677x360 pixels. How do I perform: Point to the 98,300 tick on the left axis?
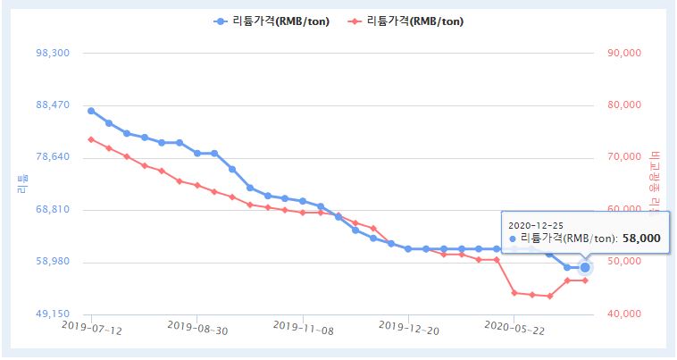coord(52,54)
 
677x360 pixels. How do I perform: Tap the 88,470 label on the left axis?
coord(52,105)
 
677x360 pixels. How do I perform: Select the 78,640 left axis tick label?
coord(52,158)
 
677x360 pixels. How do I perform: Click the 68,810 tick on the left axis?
coord(52,210)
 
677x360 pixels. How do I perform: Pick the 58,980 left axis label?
coord(52,263)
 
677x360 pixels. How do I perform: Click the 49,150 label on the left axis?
coord(52,314)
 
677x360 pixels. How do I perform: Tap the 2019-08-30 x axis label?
coord(197,330)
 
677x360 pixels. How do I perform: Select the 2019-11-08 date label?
coord(303,330)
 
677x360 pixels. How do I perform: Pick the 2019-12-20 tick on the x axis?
coord(408,330)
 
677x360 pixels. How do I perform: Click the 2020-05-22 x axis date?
coord(514,330)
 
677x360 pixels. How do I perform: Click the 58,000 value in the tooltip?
coord(642,239)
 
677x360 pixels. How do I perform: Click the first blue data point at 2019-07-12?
coord(91,111)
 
